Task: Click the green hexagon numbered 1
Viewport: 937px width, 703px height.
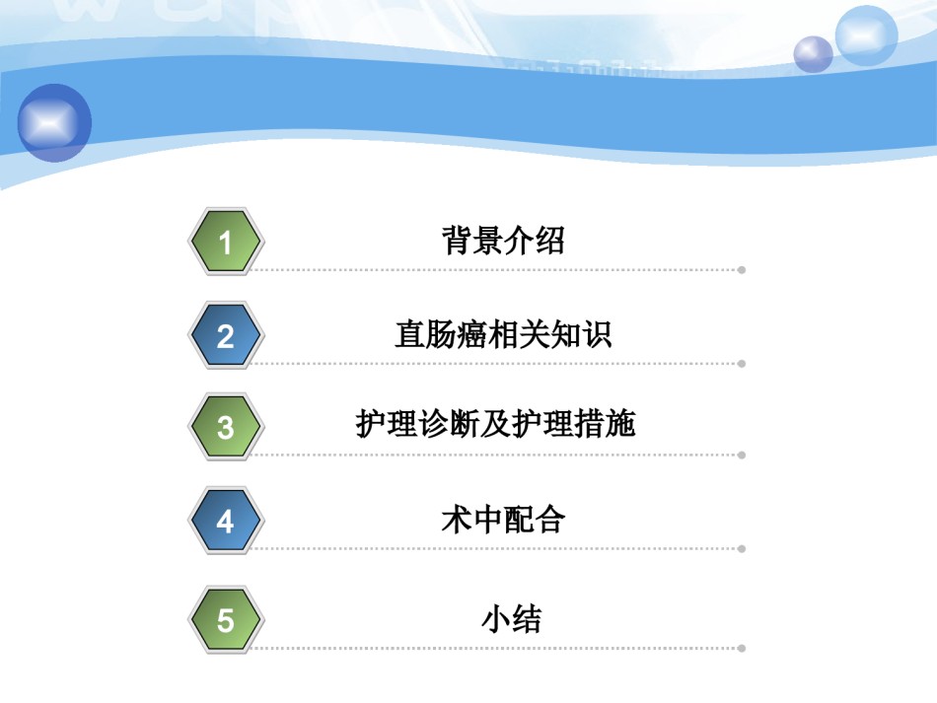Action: tap(225, 242)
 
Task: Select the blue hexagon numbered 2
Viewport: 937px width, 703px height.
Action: tap(225, 335)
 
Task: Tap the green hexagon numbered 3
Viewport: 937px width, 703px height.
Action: tap(225, 427)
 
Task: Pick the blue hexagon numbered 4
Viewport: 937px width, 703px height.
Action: tap(225, 521)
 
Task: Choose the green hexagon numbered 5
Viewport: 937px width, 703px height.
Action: tap(225, 619)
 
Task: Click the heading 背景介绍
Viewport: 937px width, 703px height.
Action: tap(503, 241)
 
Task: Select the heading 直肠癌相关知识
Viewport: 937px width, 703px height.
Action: tap(503, 334)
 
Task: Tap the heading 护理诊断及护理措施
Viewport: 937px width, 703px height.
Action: tap(495, 423)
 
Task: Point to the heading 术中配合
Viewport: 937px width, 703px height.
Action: tap(503, 519)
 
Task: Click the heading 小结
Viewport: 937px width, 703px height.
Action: tap(512, 619)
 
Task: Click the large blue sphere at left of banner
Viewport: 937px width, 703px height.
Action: tap(54, 122)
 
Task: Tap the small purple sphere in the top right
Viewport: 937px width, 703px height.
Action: tap(813, 54)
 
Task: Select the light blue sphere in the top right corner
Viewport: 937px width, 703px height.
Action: tap(866, 35)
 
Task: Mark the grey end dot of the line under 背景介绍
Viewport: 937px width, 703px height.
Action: tap(742, 270)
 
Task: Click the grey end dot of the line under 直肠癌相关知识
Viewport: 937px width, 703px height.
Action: tap(742, 364)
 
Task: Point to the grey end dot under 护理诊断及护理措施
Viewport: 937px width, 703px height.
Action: tap(742, 456)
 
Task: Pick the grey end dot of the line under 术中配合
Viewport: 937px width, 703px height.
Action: tap(742, 549)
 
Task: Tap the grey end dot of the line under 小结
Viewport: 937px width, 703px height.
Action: tap(742, 648)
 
